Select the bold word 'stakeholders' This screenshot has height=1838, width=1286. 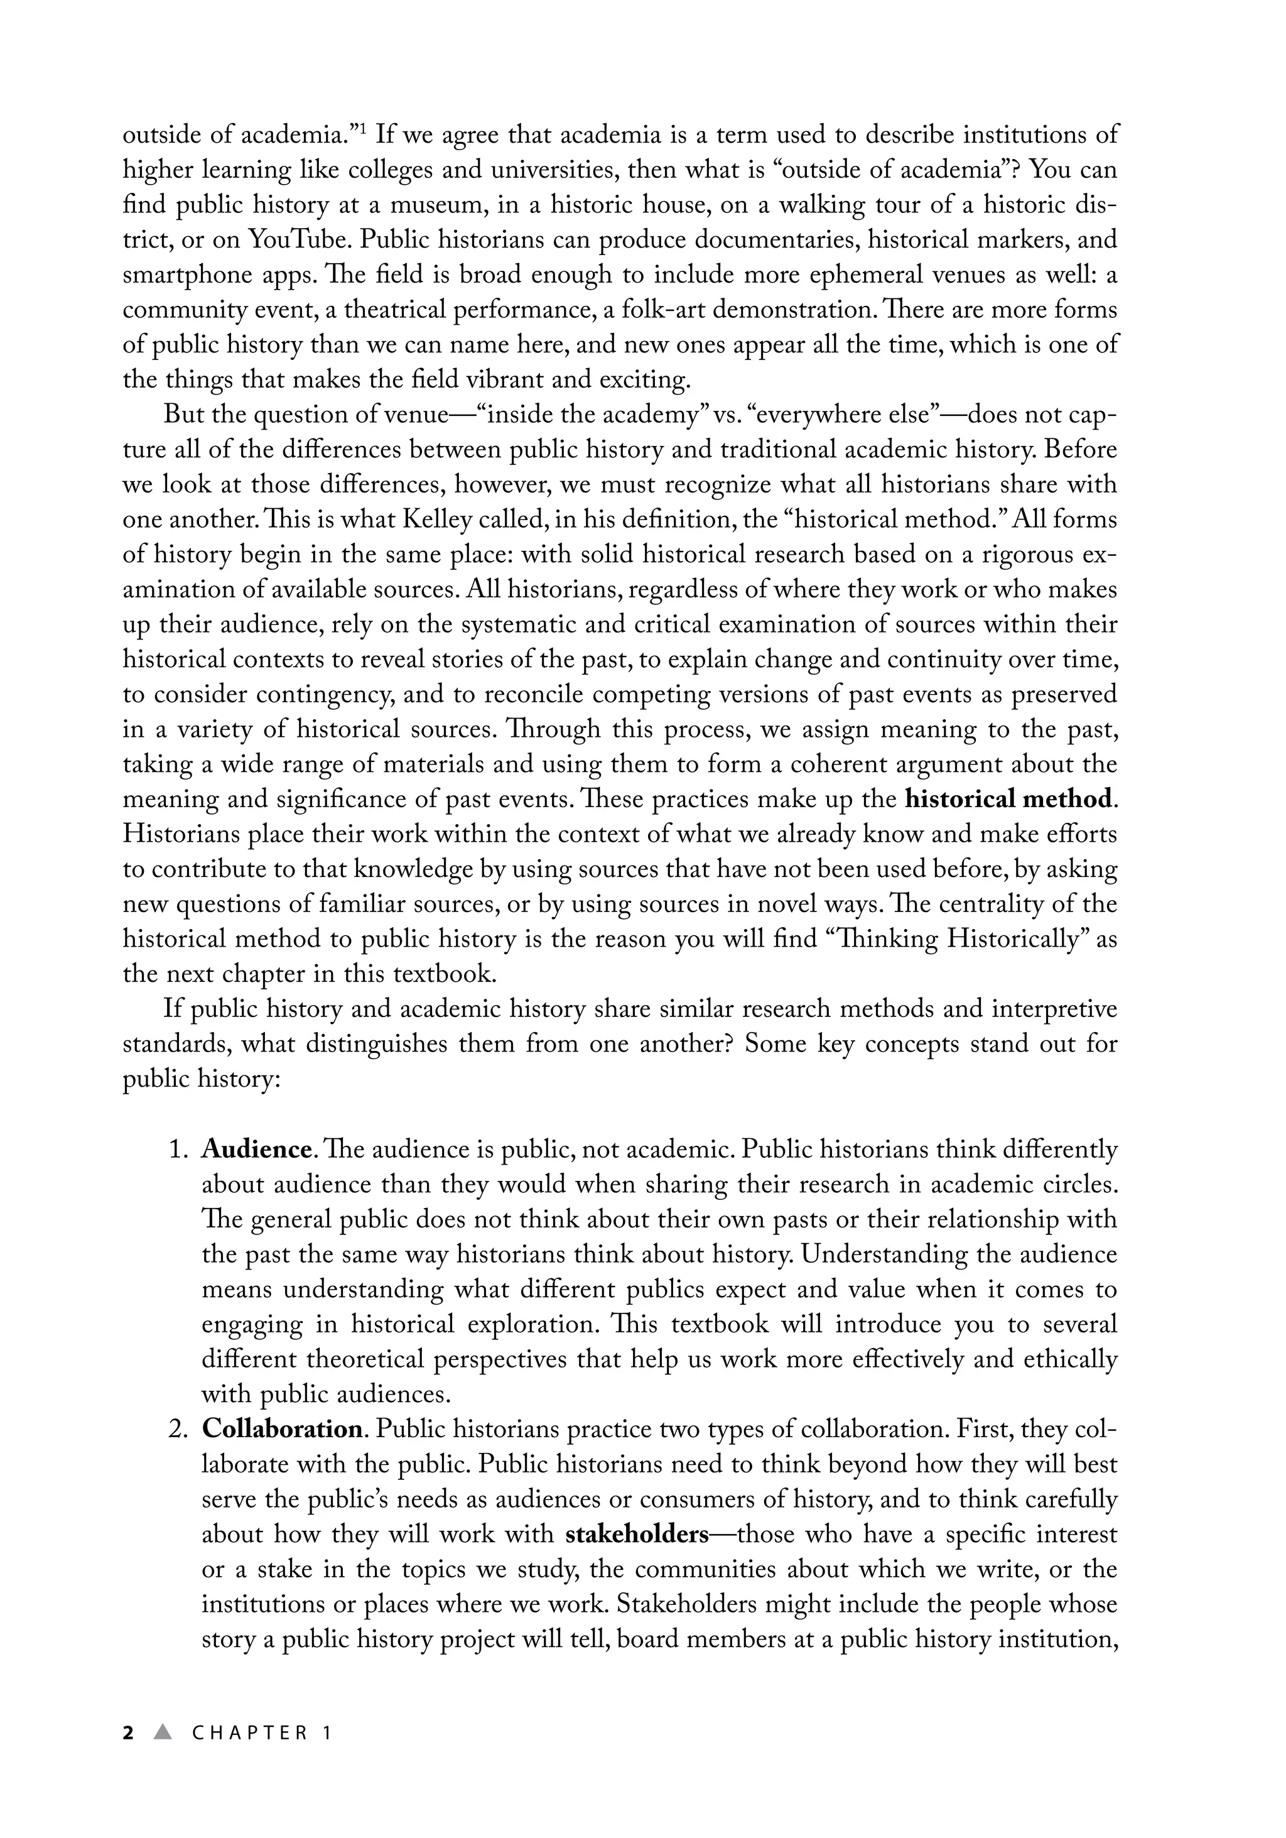[637, 1535]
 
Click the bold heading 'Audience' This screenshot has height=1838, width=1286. [256, 1150]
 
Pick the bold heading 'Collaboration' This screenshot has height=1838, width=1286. [283, 1429]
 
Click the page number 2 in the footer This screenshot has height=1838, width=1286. [128, 1733]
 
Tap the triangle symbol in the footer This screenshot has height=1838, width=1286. [163, 1732]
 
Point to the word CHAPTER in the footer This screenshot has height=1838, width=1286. [251, 1733]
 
